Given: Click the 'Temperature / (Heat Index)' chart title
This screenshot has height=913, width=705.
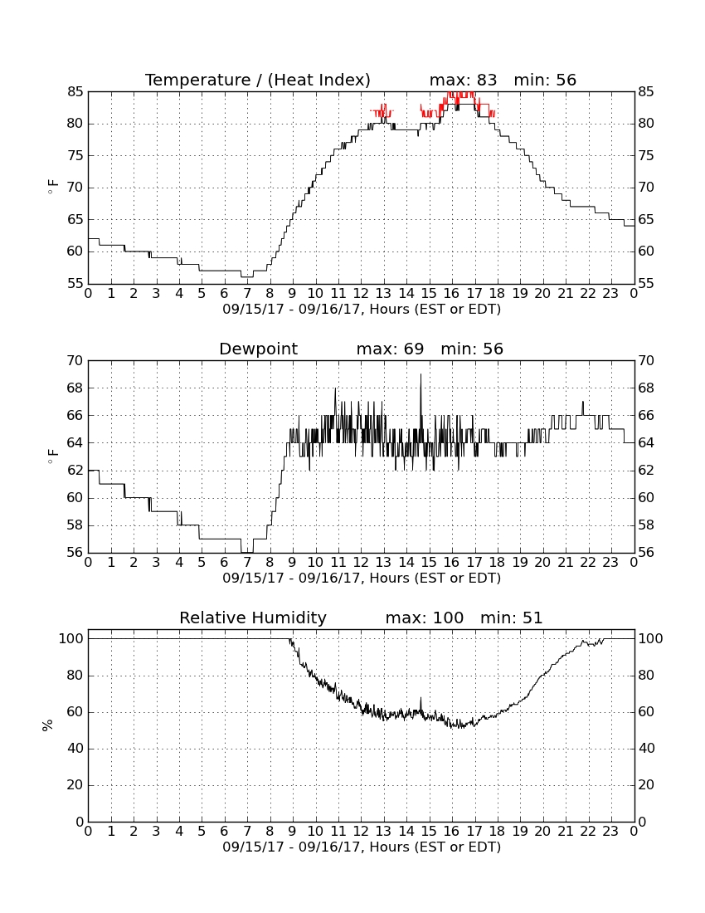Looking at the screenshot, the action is (x=258, y=80).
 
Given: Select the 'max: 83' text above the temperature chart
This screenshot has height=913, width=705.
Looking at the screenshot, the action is (x=463, y=80).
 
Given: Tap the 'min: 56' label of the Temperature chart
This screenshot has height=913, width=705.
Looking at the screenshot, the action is (x=544, y=80).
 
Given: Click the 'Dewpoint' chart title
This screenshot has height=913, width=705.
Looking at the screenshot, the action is (x=258, y=349).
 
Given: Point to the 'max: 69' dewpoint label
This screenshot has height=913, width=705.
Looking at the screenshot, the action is (x=390, y=349).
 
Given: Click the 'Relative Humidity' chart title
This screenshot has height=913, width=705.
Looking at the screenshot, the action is (x=253, y=618).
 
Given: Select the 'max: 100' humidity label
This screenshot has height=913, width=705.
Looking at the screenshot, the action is (x=425, y=618).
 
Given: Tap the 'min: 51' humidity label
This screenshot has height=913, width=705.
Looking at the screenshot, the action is (x=511, y=618).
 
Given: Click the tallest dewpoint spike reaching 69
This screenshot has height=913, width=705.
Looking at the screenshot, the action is (x=421, y=374).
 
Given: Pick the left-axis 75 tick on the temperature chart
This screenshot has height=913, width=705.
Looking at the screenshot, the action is (x=75, y=155).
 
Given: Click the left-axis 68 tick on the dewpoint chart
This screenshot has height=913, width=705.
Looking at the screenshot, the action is (x=75, y=388).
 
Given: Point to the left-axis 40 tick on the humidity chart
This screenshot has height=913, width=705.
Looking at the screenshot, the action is (x=75, y=748).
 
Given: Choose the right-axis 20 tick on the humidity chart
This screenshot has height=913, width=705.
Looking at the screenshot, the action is (x=646, y=785).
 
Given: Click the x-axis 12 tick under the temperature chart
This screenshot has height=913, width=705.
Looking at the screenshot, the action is (x=361, y=294).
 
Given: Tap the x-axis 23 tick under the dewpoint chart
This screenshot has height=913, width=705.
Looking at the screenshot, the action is (x=610, y=563).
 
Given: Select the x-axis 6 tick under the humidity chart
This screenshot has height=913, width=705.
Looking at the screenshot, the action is (x=225, y=832).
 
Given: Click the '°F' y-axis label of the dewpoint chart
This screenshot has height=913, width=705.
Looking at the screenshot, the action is (x=52, y=456).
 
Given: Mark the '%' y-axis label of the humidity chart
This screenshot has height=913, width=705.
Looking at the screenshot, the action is (x=48, y=725).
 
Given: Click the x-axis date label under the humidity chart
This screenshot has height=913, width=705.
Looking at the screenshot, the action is (x=362, y=847).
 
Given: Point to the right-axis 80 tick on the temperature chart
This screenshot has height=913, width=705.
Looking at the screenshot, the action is (x=646, y=124).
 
